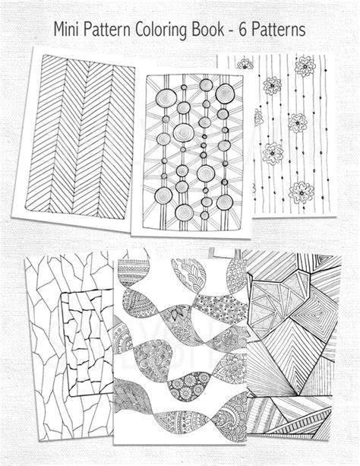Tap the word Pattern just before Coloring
click(x=115, y=29)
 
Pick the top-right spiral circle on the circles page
click(x=223, y=93)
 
